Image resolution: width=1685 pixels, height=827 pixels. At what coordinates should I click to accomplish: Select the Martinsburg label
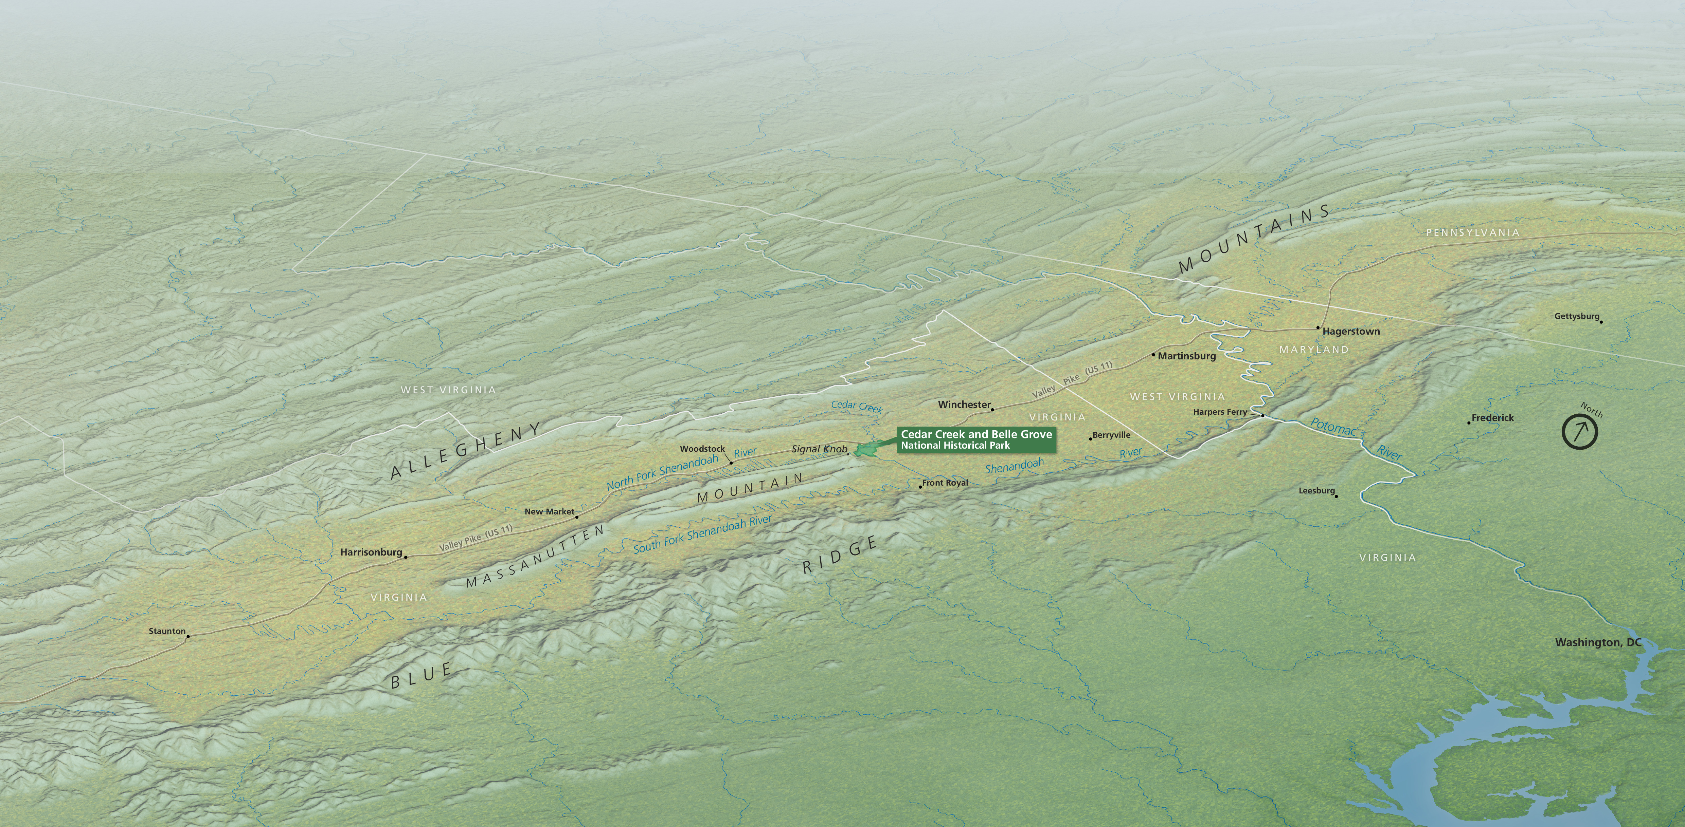pos(1186,356)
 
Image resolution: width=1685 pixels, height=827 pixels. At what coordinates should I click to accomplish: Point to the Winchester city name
pos(964,405)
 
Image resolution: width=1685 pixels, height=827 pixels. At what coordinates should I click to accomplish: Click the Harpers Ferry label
pos(1220,412)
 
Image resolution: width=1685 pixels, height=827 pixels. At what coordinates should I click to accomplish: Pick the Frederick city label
pos(1493,418)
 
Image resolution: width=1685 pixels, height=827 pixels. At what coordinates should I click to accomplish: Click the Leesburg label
pos(1316,490)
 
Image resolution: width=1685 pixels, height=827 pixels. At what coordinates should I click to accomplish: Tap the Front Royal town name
pos(945,483)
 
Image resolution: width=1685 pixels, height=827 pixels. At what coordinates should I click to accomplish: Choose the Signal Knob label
pos(819,449)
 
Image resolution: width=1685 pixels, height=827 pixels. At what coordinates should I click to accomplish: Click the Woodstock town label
pos(702,449)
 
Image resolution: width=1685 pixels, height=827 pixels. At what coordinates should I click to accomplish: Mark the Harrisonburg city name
pos(371,552)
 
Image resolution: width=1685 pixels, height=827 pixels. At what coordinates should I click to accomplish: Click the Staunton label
pos(167,631)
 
